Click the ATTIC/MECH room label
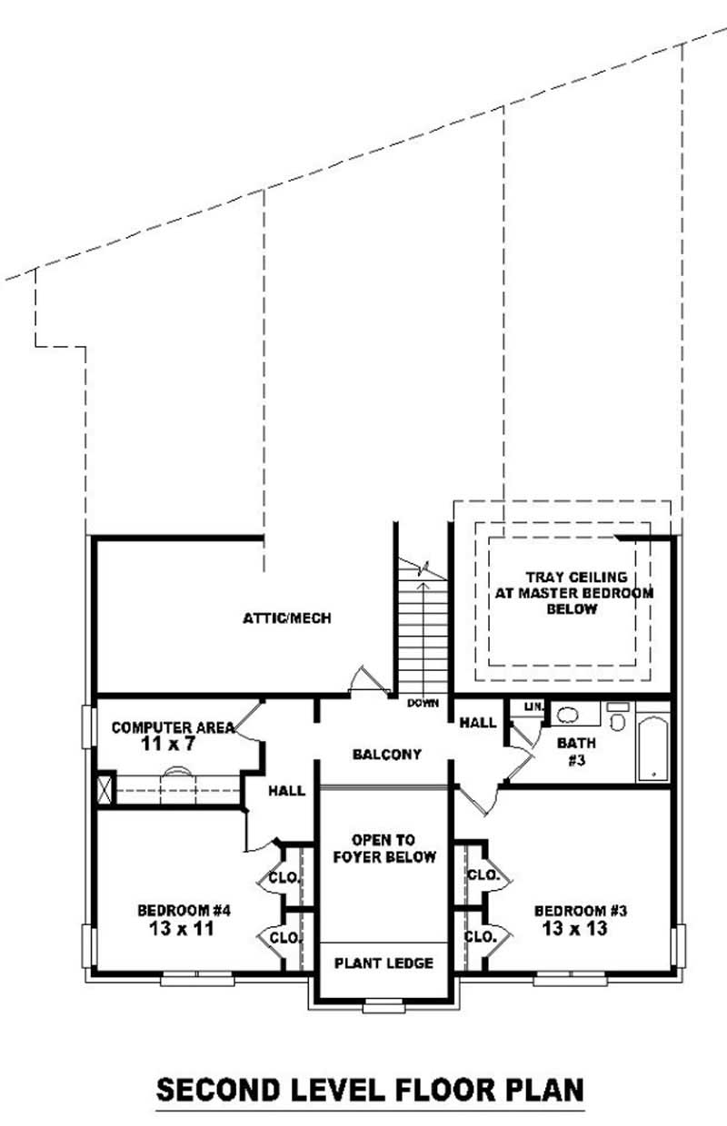coord(286,618)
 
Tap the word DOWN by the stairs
coord(423,703)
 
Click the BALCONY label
coord(387,755)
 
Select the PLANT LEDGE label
coord(384,963)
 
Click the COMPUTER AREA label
coord(173,727)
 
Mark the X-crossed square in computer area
coord(105,786)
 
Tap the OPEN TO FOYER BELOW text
coord(384,848)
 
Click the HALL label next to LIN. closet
coord(478,723)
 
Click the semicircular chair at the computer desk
coord(177,773)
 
